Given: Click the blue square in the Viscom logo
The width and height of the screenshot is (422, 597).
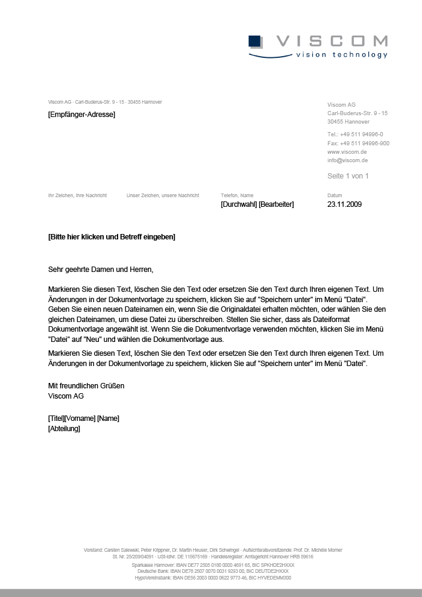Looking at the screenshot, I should (x=254, y=41).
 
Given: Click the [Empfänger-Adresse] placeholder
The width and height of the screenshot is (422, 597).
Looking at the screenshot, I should (x=81, y=115).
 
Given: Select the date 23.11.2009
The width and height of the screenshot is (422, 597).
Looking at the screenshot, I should (x=344, y=204).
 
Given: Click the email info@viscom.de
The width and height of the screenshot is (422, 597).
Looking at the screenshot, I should (x=347, y=161).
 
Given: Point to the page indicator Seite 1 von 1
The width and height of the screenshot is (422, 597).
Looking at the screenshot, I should (x=348, y=176).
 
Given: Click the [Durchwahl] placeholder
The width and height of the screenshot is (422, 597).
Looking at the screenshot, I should (x=239, y=204).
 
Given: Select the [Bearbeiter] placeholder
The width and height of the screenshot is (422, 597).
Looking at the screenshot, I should (x=276, y=204).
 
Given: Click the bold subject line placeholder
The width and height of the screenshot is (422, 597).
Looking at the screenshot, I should (x=112, y=237).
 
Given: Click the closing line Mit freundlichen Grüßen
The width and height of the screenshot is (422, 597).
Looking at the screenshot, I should (x=86, y=386).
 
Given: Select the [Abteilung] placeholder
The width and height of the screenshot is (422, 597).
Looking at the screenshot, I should (x=64, y=429).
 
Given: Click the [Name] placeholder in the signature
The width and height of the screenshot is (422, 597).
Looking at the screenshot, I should (x=109, y=419).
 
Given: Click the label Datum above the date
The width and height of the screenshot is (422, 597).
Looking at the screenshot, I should (x=335, y=195).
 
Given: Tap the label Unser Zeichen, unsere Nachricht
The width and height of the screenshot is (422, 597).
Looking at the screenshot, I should (x=163, y=195).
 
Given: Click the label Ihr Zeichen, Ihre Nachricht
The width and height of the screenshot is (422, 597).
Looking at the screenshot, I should (x=77, y=195).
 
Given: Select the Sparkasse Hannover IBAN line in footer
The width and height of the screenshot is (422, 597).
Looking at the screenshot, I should (x=213, y=565).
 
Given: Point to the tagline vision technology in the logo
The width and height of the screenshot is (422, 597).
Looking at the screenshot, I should (x=341, y=55).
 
